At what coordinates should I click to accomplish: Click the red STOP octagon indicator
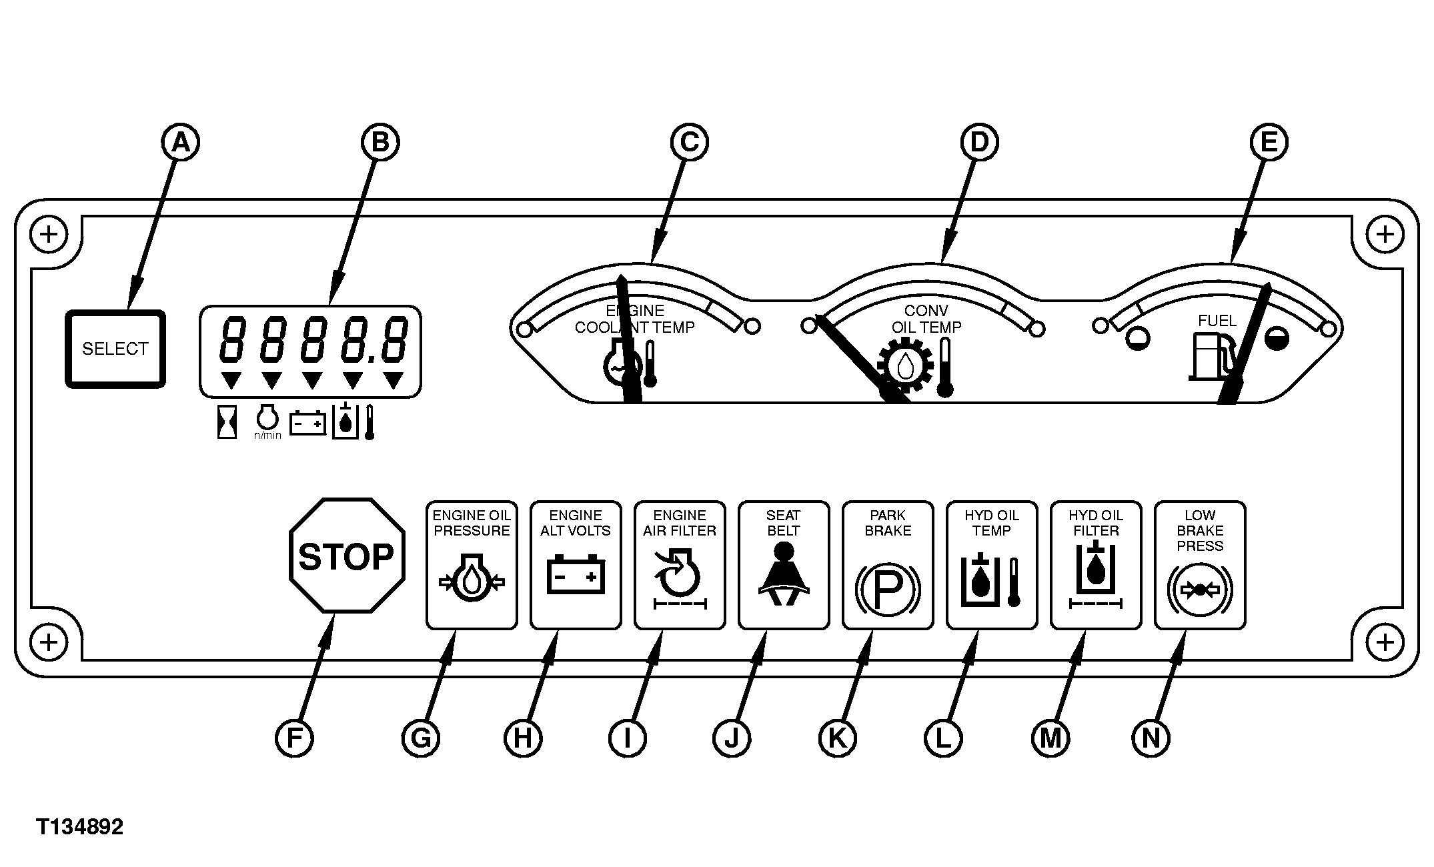point(347,556)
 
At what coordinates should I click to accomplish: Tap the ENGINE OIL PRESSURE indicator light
point(472,565)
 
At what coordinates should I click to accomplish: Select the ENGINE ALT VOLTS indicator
point(576,565)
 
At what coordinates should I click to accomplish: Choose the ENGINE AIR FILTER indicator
point(680,565)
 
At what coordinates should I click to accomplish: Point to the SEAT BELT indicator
point(784,565)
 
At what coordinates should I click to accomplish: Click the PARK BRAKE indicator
point(888,565)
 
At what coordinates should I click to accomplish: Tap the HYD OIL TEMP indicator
point(992,565)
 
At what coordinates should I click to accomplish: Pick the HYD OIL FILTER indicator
point(1096,565)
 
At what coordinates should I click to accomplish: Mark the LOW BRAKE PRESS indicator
point(1200,565)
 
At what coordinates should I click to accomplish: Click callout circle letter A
point(180,143)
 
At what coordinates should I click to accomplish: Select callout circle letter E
point(1269,143)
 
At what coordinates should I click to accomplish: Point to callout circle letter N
point(1151,738)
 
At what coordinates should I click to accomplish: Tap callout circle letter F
point(294,738)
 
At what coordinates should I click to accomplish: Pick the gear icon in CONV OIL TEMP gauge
point(905,365)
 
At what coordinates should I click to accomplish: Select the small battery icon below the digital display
point(307,423)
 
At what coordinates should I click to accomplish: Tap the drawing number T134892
point(80,828)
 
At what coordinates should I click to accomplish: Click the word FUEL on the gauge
point(1217,321)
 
